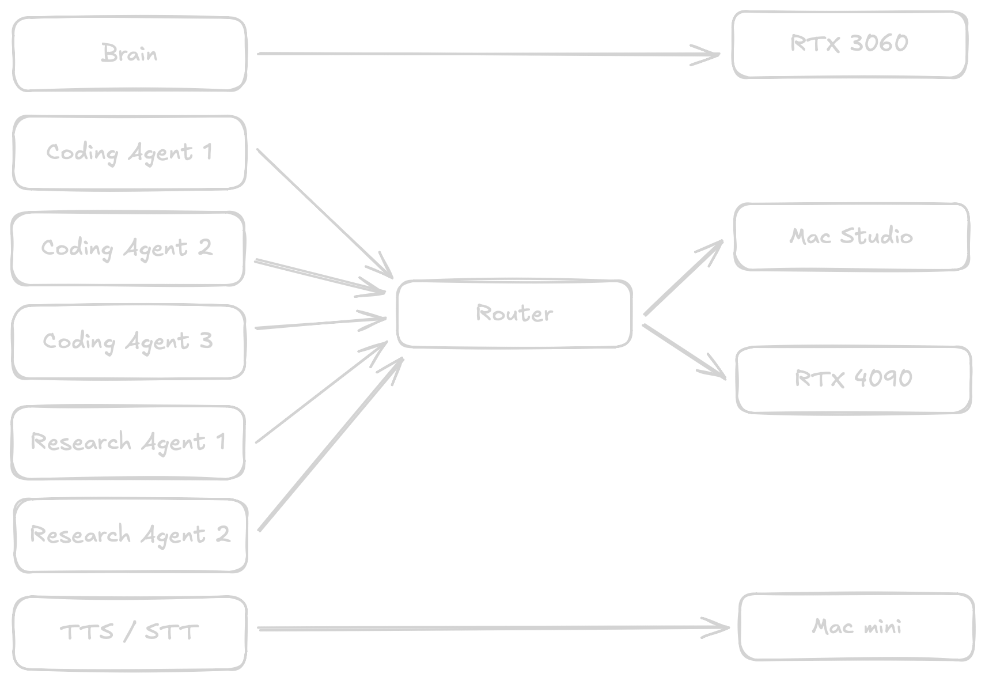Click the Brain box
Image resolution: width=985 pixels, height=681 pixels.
(x=130, y=54)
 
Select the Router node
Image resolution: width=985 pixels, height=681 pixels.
(x=514, y=313)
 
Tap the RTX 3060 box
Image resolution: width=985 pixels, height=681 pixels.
(x=850, y=44)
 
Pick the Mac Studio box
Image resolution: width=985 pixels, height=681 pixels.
(x=851, y=236)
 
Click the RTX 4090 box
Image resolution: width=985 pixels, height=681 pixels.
(x=854, y=379)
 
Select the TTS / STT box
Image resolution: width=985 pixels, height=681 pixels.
(x=130, y=633)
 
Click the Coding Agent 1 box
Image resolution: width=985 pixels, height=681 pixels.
(x=130, y=153)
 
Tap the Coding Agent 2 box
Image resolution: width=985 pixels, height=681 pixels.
(x=128, y=248)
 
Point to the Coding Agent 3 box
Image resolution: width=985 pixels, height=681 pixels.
(x=128, y=342)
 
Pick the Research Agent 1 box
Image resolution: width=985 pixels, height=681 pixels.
(x=128, y=442)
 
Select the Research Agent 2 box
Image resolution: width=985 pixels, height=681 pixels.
(x=131, y=535)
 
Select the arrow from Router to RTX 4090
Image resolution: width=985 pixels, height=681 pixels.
(x=684, y=351)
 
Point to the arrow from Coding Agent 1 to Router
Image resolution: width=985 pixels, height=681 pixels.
(x=324, y=212)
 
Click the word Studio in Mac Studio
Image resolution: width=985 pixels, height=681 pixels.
(x=876, y=236)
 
